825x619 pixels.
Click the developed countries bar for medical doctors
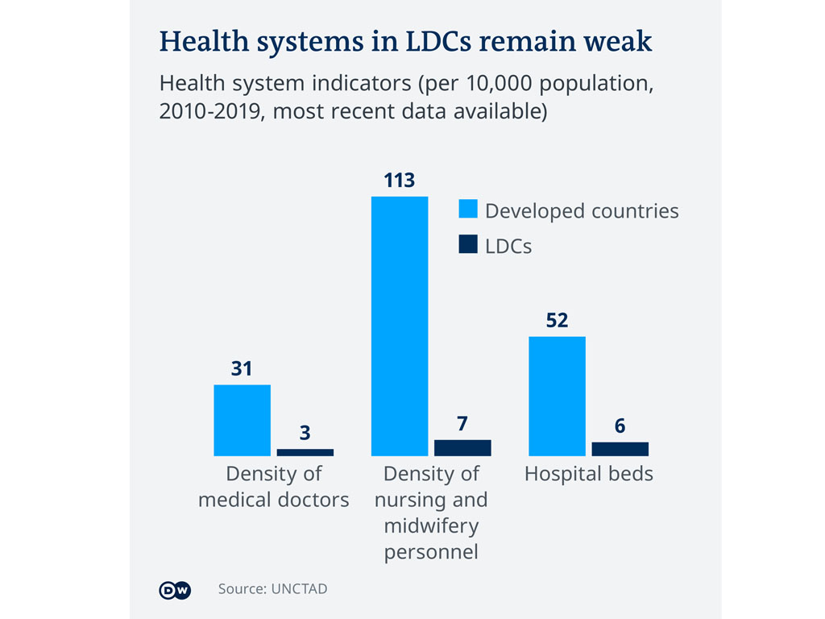tap(242, 420)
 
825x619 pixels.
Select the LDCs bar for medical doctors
tap(305, 452)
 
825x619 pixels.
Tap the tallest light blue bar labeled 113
tap(400, 326)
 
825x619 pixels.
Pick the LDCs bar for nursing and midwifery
tap(462, 448)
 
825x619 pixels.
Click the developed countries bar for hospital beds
tap(557, 396)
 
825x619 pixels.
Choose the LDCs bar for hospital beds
tap(620, 449)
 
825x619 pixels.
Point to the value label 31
tap(242, 368)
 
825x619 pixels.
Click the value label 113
tap(400, 180)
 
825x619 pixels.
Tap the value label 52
tap(557, 320)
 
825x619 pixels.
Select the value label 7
tap(462, 424)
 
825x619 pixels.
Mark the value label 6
tap(620, 426)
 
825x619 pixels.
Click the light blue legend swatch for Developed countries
tap(468, 210)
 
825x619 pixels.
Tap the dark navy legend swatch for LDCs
tap(468, 245)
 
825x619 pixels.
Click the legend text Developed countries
tap(582, 210)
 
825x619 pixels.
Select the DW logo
tap(175, 590)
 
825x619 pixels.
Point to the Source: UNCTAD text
tap(272, 589)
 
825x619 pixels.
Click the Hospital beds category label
tap(589, 473)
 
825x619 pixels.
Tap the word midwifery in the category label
tap(431, 526)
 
